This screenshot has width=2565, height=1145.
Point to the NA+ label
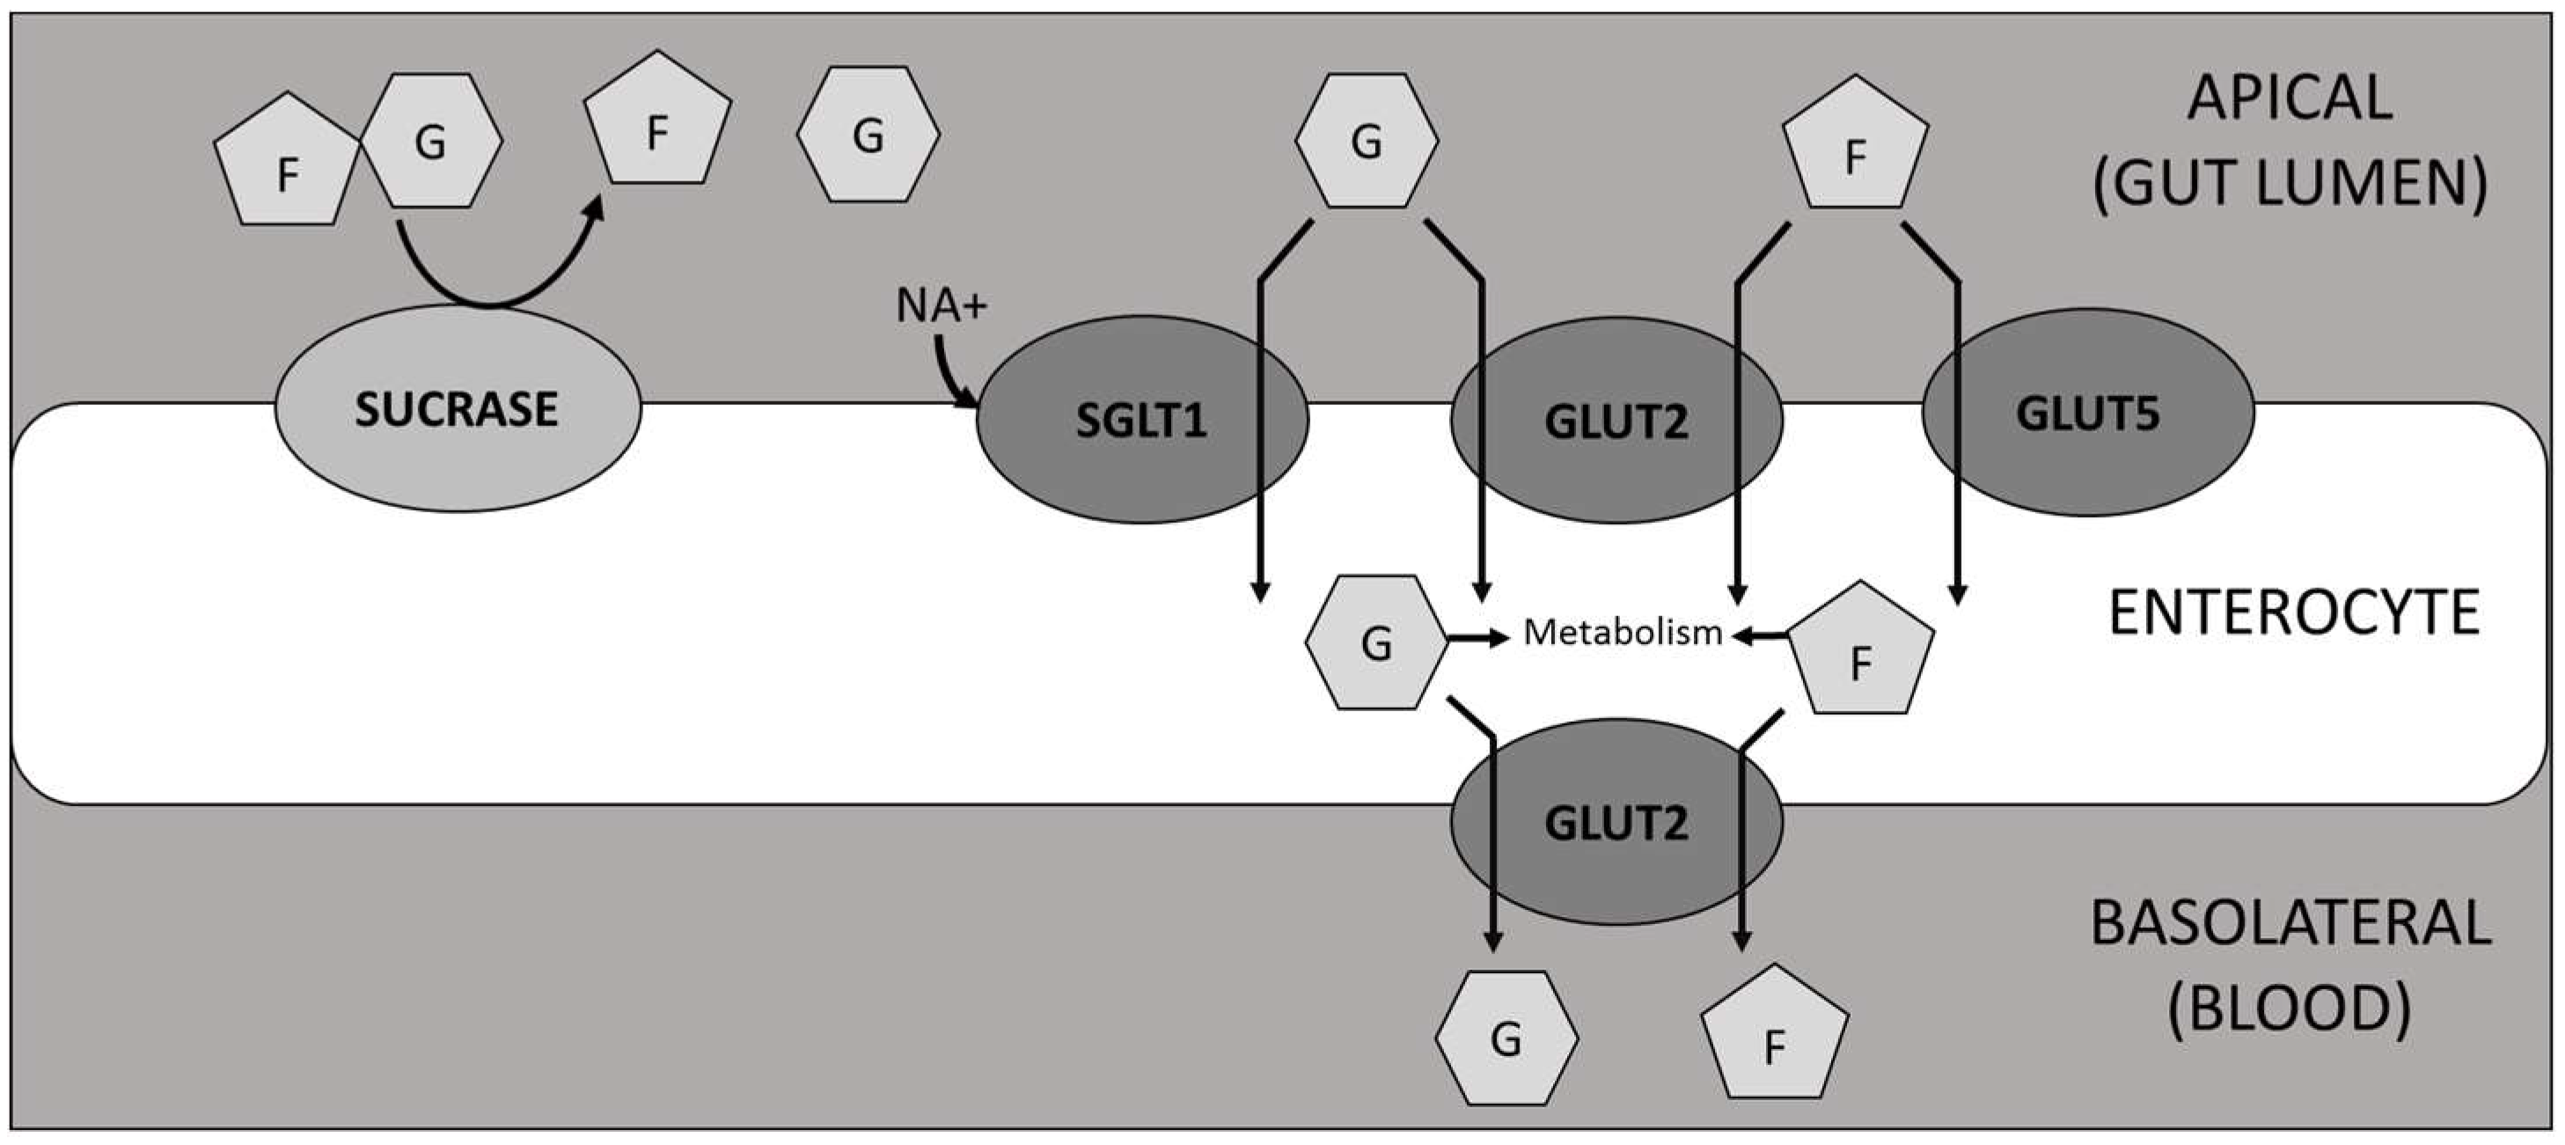coord(941,305)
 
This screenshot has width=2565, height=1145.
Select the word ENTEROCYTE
coord(2293,613)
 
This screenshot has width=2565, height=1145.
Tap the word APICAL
coord(2290,99)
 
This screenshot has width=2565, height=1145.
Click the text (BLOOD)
coord(2290,1009)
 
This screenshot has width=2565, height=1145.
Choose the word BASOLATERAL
coord(2290,924)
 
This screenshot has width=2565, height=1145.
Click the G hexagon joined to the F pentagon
coord(430,142)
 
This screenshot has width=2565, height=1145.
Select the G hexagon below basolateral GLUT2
coord(1506,1038)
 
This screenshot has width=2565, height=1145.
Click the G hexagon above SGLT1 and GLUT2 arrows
coord(1367,142)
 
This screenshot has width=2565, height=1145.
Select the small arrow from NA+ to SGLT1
coord(951,378)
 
